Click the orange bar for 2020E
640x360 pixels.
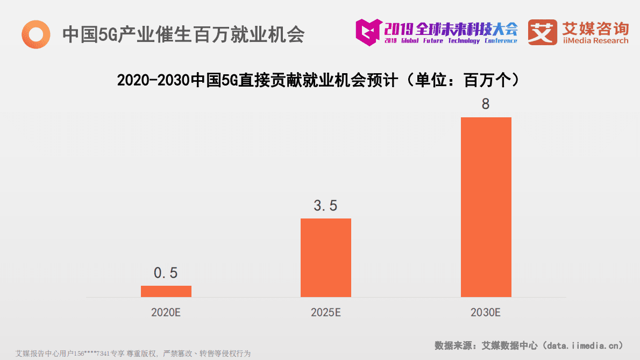[x=166, y=291]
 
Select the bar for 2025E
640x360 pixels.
[x=325, y=257]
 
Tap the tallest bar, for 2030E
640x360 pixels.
[x=486, y=207]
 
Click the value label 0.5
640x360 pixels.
[x=166, y=273]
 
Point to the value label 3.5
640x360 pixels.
[x=325, y=206]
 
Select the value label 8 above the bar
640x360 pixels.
[x=486, y=104]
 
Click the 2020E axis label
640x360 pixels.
[x=166, y=312]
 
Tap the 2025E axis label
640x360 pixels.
[x=325, y=312]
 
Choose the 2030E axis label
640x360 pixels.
[x=486, y=312]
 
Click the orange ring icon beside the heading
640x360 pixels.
[x=36, y=34]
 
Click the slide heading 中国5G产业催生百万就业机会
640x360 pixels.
[x=183, y=34]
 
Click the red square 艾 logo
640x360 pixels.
[x=542, y=32]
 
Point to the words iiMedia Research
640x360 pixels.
[x=595, y=41]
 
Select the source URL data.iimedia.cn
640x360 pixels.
[x=581, y=345]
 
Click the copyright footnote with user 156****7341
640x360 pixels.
[x=133, y=354]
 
